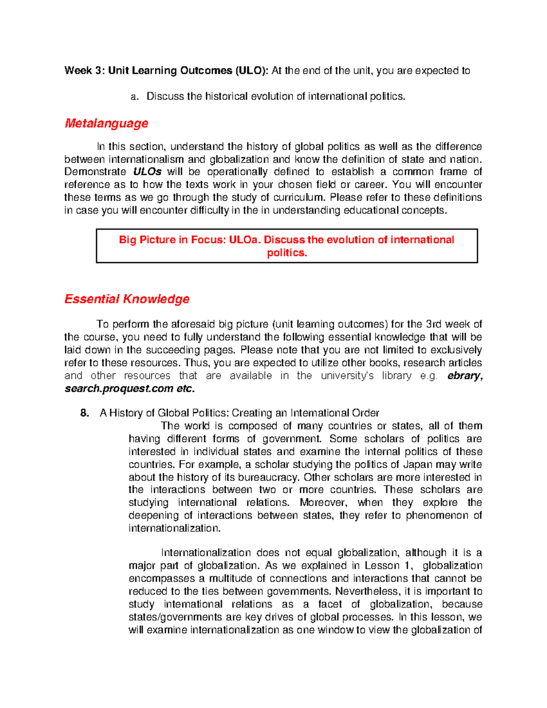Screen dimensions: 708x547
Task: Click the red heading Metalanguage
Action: pyautogui.click(x=106, y=123)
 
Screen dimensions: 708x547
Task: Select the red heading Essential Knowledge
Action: pyautogui.click(x=127, y=299)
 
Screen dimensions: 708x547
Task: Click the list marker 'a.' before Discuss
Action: pyautogui.click(x=134, y=97)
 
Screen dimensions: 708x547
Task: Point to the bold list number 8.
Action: pyautogui.click(x=84, y=413)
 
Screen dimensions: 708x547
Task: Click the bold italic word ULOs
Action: pyautogui.click(x=147, y=172)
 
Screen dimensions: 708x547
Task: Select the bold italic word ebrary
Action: pyautogui.click(x=464, y=376)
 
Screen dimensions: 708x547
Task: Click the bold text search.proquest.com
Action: pyautogui.click(x=119, y=389)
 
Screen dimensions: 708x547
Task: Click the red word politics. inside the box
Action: pyautogui.click(x=287, y=253)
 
